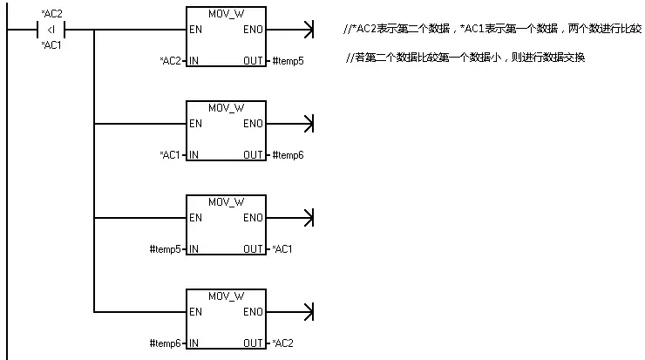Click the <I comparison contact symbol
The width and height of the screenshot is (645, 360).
(x=51, y=30)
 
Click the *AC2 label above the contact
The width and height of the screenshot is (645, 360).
(x=51, y=14)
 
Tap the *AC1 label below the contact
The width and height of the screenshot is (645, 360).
(x=51, y=44)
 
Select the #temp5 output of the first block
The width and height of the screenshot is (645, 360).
(x=288, y=61)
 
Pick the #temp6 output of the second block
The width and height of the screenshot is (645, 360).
(x=288, y=155)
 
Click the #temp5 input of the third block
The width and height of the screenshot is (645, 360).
(x=165, y=249)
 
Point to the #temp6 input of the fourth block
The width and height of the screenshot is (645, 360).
(x=165, y=343)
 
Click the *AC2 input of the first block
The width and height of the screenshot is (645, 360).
(x=170, y=61)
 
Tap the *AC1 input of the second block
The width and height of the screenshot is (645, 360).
(x=170, y=155)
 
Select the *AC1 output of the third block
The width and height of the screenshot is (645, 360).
(x=282, y=249)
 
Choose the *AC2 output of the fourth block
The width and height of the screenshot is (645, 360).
(x=282, y=343)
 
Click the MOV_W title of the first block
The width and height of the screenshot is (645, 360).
(x=227, y=14)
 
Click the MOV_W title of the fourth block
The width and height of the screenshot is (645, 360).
(x=227, y=296)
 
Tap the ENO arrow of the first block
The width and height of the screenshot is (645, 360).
(x=290, y=30)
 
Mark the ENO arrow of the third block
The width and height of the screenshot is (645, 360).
(x=290, y=218)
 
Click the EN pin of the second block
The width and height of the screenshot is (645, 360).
(x=195, y=124)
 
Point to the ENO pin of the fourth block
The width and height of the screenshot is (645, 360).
(x=253, y=312)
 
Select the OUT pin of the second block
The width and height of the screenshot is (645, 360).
(x=253, y=155)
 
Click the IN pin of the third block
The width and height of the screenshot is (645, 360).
(x=193, y=249)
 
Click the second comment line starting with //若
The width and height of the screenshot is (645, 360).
(x=465, y=58)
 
